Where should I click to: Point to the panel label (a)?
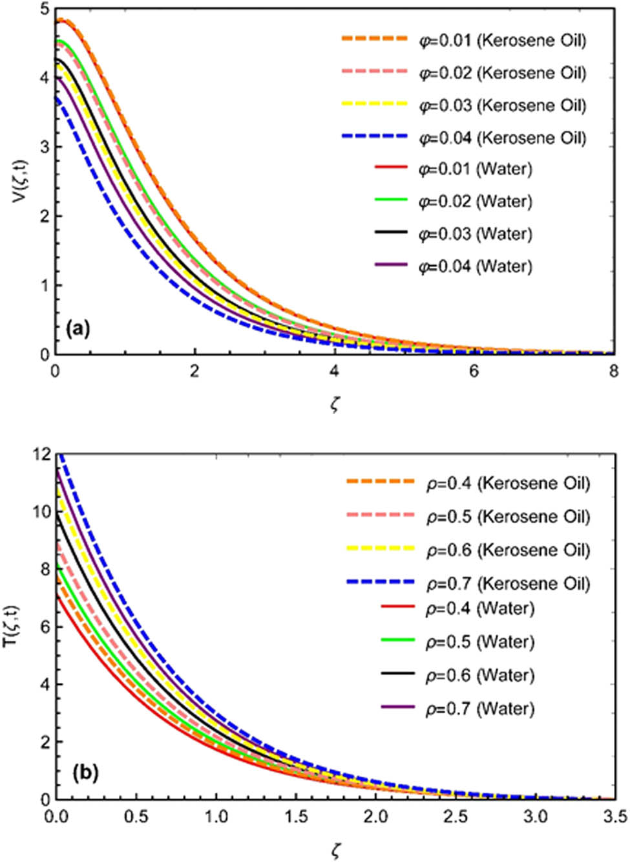(x=79, y=329)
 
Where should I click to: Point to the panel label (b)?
(x=86, y=772)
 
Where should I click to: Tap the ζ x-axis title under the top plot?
(x=335, y=405)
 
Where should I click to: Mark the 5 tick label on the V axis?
(x=44, y=9)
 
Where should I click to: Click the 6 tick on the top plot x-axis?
(x=474, y=372)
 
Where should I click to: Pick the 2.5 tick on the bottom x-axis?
(x=455, y=817)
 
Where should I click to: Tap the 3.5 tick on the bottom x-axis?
(x=614, y=817)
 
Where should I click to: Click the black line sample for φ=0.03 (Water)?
(x=390, y=232)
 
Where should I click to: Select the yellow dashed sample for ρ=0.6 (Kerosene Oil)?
(x=380, y=548)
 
